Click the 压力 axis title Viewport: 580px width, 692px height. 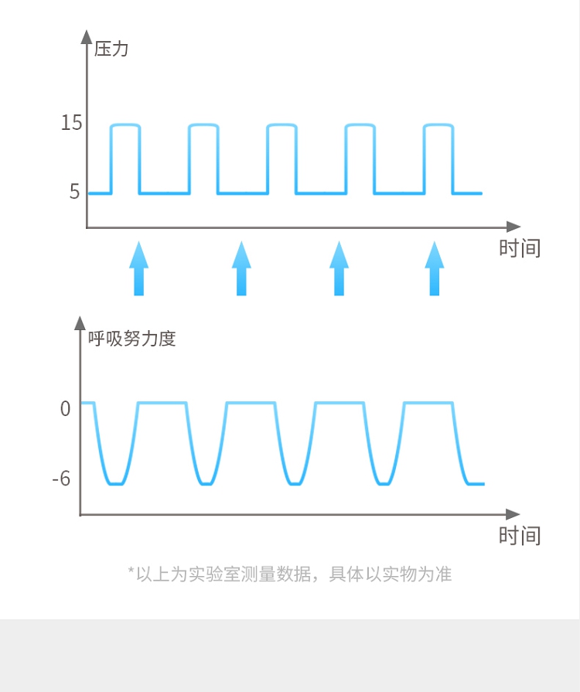pyautogui.click(x=111, y=50)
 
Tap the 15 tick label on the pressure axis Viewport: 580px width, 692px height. pyautogui.click(x=71, y=123)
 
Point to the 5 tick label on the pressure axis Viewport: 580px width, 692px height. pyautogui.click(x=74, y=192)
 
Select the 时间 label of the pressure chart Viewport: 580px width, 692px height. pyautogui.click(x=519, y=248)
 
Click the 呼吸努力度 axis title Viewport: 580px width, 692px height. pyautogui.click(x=132, y=339)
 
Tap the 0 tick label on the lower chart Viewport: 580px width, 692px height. pyautogui.click(x=65, y=408)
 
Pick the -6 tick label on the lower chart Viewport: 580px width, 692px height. pyautogui.click(x=61, y=479)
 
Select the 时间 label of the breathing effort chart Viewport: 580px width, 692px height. pyautogui.click(x=519, y=536)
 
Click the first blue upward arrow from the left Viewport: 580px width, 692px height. pyautogui.click(x=138, y=268)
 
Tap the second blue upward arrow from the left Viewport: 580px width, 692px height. pyautogui.click(x=241, y=268)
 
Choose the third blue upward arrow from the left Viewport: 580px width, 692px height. pyautogui.click(x=339, y=268)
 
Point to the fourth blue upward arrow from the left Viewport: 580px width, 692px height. pyautogui.click(x=435, y=268)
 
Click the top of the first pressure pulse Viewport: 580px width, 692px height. pyautogui.click(x=125, y=124)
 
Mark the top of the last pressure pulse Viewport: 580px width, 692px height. pyautogui.click(x=438, y=124)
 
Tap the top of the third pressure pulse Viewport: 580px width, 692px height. pyautogui.click(x=281, y=124)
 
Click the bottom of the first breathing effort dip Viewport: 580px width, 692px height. pyautogui.click(x=116, y=484)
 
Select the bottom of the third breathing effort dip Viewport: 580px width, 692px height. pyautogui.click(x=294, y=484)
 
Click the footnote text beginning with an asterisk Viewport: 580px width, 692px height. pyautogui.click(x=289, y=574)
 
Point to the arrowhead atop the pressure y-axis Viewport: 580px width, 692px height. pyautogui.click(x=87, y=36)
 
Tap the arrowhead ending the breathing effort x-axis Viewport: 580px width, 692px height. pyautogui.click(x=513, y=514)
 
